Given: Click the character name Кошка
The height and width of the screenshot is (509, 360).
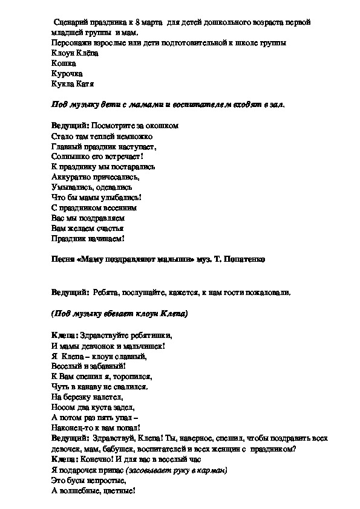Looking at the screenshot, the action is coord(64,63).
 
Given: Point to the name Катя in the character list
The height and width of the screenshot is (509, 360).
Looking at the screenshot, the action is coord(85,84).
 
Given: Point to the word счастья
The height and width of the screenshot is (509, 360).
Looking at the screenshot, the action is coord(108,228).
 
